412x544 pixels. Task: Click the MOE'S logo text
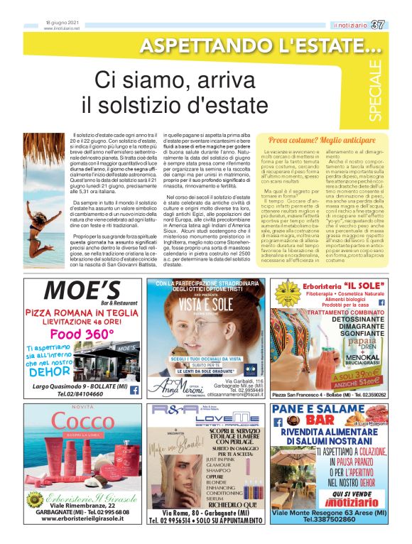82,291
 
